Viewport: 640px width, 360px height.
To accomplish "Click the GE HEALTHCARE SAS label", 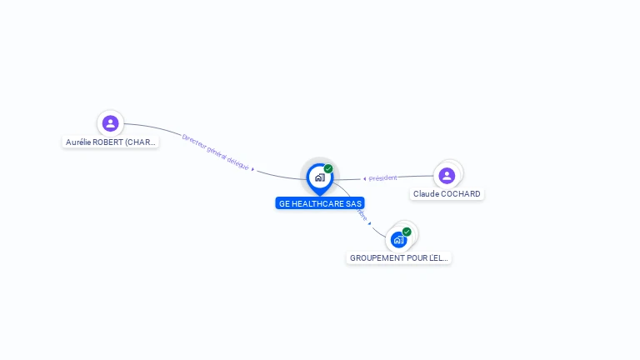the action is pyautogui.click(x=320, y=203).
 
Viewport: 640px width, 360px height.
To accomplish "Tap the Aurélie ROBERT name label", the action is pyautogui.click(x=111, y=142).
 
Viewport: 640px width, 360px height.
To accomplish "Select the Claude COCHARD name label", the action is pyautogui.click(x=447, y=194).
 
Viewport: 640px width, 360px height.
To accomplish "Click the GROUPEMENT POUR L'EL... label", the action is pyautogui.click(x=398, y=258).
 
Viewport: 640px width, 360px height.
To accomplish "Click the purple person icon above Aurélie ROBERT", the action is pyautogui.click(x=110, y=123).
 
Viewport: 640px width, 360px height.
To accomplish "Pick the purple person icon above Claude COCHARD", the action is pyautogui.click(x=447, y=175).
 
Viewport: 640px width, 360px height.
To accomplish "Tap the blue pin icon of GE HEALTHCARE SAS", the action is pyautogui.click(x=319, y=177).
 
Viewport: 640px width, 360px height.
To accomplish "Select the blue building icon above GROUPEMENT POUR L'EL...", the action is pyautogui.click(x=398, y=240).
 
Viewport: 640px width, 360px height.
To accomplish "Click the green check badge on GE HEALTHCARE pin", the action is pyautogui.click(x=328, y=168).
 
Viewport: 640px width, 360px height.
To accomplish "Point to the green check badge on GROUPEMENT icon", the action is pyautogui.click(x=407, y=232).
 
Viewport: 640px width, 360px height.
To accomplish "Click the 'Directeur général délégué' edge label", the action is pyautogui.click(x=215, y=152).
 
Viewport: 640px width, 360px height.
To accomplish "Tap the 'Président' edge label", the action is pyautogui.click(x=383, y=177).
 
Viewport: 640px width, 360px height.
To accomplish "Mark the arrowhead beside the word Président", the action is pyautogui.click(x=364, y=179).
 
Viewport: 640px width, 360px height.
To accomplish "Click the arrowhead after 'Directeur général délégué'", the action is pyautogui.click(x=252, y=169).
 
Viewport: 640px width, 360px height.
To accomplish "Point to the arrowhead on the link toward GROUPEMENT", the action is pyautogui.click(x=369, y=223).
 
